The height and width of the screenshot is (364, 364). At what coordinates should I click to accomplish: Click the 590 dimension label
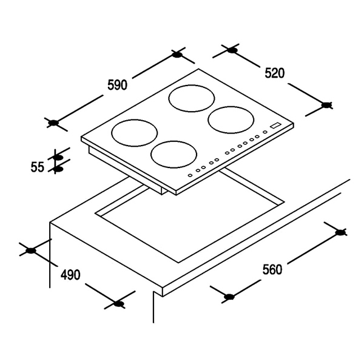coord(118,85)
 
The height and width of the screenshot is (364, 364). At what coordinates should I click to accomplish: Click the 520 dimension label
coord(275,73)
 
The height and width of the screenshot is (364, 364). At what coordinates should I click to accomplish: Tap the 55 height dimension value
coord(37,167)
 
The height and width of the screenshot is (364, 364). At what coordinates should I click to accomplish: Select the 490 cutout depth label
coord(70,275)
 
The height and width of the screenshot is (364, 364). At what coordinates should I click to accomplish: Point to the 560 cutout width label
coord(272,270)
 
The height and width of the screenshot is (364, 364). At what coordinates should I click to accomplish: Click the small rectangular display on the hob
coord(275,125)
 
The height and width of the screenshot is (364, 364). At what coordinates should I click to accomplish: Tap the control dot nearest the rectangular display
coord(265,132)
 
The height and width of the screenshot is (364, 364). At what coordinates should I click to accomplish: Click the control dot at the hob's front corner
coord(190,175)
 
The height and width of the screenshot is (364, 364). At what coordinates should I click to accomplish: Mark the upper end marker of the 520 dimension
coord(232,50)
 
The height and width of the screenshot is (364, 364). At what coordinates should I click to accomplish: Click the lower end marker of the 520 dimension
coord(326,105)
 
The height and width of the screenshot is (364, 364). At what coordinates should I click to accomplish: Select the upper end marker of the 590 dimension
coord(177,55)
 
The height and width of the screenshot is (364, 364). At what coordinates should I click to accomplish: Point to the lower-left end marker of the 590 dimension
coord(53,123)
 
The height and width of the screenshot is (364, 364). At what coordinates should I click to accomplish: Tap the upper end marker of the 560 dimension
coord(340,232)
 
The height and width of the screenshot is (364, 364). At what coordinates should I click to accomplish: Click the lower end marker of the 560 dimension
coord(229,297)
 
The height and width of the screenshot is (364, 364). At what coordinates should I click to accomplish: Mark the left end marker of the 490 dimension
coord(31,251)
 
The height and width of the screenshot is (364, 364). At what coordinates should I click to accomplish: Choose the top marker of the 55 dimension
coord(58,158)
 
